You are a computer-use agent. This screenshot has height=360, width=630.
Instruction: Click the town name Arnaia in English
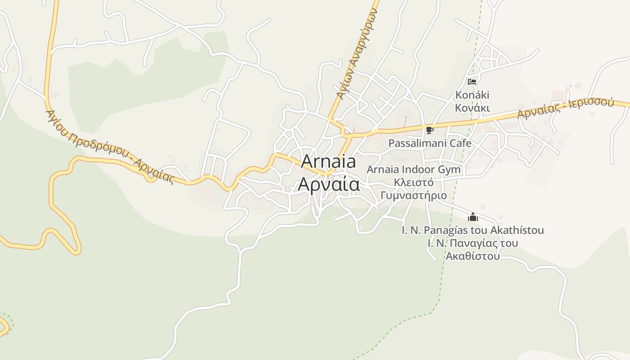(x=328, y=162)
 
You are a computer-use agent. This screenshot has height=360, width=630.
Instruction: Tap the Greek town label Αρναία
(x=328, y=184)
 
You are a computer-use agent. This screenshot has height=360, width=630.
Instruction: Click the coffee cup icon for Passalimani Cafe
(x=430, y=130)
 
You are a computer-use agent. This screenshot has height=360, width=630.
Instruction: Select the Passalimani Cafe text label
(x=430, y=143)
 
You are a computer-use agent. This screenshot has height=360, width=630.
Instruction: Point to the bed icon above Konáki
(x=472, y=82)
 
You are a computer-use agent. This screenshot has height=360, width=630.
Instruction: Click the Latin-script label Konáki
(x=472, y=95)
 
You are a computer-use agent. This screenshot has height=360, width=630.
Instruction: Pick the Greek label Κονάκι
(x=472, y=108)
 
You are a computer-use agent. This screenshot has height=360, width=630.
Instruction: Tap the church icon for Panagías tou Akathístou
(x=472, y=217)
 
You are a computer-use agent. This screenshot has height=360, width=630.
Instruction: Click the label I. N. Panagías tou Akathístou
(x=472, y=230)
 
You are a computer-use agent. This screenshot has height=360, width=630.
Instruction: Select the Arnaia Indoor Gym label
(x=414, y=170)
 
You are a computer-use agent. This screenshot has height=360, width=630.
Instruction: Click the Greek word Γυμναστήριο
(x=414, y=195)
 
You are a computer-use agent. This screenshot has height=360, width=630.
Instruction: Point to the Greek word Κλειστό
(x=414, y=182)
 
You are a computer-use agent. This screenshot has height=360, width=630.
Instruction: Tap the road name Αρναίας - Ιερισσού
(x=565, y=108)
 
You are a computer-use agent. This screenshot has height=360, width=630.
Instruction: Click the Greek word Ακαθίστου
(x=472, y=256)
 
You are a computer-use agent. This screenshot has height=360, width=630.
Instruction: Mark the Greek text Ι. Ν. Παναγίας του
(x=472, y=243)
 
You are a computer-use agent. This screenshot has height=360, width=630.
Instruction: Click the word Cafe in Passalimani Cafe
(x=459, y=143)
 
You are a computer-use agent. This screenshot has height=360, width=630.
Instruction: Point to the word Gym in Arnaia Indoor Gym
(x=451, y=170)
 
